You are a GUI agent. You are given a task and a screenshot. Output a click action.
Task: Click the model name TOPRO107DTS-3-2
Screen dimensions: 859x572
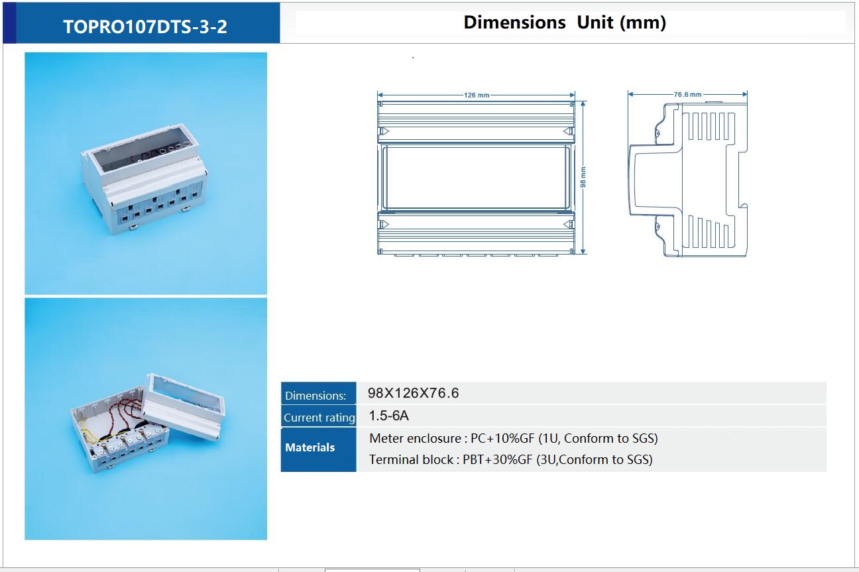click(x=145, y=27)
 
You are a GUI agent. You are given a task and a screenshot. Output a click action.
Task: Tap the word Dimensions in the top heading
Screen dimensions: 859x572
click(x=514, y=23)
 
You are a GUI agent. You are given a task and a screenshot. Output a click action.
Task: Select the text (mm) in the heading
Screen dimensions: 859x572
click(x=643, y=23)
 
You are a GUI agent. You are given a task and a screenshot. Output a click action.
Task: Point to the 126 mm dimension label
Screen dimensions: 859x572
click(x=477, y=95)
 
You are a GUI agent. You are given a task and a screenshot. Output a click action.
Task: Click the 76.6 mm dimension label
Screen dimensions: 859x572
click(x=687, y=94)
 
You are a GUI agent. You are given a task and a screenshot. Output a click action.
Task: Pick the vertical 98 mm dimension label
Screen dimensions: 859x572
click(x=583, y=177)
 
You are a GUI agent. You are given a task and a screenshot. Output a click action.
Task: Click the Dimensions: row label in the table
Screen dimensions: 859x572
click(x=315, y=395)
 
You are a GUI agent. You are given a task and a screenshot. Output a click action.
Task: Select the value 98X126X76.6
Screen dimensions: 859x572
click(x=413, y=393)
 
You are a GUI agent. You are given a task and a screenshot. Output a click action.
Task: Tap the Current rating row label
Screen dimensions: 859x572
click(x=319, y=418)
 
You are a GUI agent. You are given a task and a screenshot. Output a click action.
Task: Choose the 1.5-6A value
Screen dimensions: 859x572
click(x=388, y=416)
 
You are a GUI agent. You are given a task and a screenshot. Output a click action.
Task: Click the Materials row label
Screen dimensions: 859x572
click(x=310, y=447)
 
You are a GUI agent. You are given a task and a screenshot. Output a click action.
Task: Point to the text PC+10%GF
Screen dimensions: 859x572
click(x=502, y=438)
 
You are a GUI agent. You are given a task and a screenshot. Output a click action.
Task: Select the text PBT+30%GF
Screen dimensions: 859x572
click(x=498, y=459)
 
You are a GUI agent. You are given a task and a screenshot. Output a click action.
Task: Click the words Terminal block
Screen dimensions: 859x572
click(x=411, y=459)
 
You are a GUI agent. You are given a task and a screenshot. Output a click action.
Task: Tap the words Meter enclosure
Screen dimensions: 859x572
click(x=416, y=438)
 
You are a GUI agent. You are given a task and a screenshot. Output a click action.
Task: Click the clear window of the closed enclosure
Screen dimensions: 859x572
click(x=142, y=153)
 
